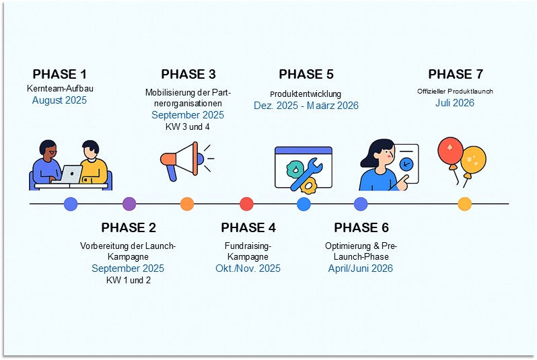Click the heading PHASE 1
pyautogui.click(x=60, y=74)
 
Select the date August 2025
pyautogui.click(x=60, y=100)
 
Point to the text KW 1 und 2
pyautogui.click(x=128, y=281)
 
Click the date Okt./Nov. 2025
pyautogui.click(x=248, y=268)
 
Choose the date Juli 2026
pyautogui.click(x=456, y=103)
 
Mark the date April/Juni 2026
pyautogui.click(x=361, y=268)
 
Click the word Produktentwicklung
pyautogui.click(x=306, y=94)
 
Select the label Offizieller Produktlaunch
pyautogui.click(x=456, y=91)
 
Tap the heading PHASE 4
pyautogui.click(x=248, y=227)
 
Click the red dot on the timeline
pyautogui.click(x=246, y=204)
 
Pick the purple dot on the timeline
pyautogui.click(x=129, y=204)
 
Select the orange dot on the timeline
pyautogui.click(x=187, y=204)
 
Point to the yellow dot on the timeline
pyautogui.click(x=464, y=204)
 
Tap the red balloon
pyautogui.click(x=450, y=151)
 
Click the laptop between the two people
pyautogui.click(x=71, y=174)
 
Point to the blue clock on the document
pyautogui.click(x=406, y=164)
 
